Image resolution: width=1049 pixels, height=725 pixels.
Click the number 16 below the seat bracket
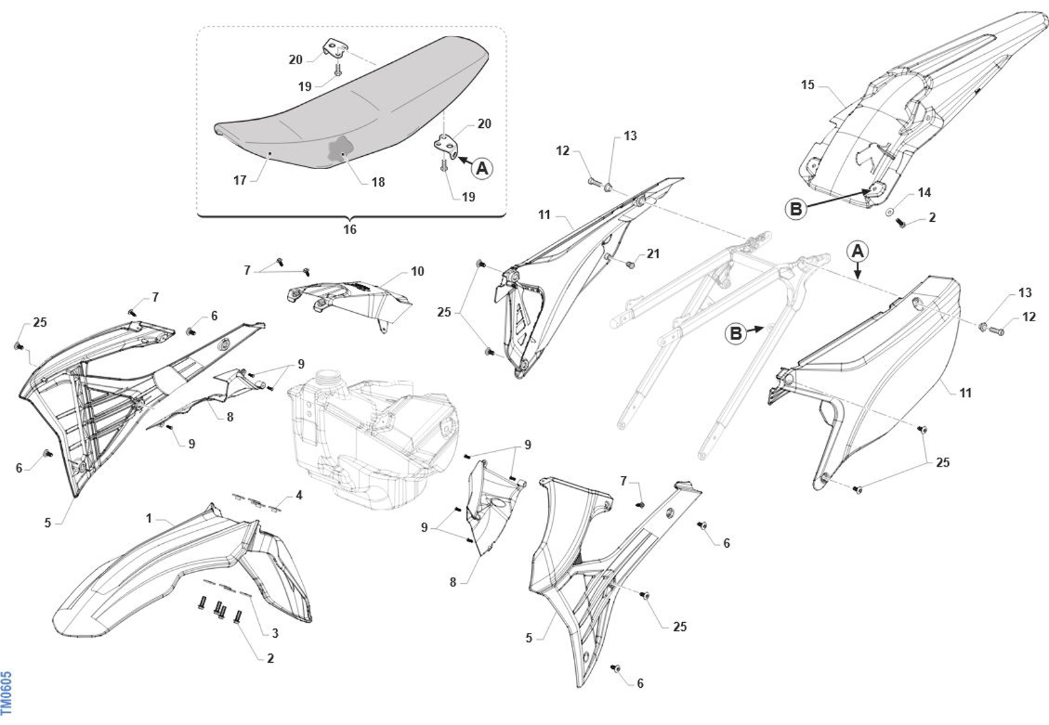[x=349, y=229]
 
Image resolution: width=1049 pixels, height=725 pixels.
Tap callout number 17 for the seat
[x=240, y=181]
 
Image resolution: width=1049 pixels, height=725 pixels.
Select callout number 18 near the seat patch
[x=378, y=182]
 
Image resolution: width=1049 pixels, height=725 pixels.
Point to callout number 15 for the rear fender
[x=807, y=85]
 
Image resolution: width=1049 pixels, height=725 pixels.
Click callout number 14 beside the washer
[x=924, y=193]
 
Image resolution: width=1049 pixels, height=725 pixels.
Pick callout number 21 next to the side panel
[x=652, y=254]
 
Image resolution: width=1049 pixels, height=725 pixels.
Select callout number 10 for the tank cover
[x=418, y=271]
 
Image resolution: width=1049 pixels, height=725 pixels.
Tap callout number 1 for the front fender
[x=149, y=518]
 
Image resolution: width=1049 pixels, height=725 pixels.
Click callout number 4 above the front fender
[x=298, y=495]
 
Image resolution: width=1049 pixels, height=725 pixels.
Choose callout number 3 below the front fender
[x=275, y=633]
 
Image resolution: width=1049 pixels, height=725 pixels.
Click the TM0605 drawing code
[x=7, y=693]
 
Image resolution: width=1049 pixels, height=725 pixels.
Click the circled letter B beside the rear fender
[x=796, y=209]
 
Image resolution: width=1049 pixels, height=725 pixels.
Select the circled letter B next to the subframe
[x=735, y=333]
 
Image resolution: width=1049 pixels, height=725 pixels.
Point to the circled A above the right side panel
[x=857, y=252]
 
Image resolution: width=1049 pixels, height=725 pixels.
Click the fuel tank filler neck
[x=328, y=377]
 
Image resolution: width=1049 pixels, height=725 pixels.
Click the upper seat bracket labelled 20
[x=336, y=49]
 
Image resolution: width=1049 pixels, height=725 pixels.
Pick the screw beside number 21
[x=631, y=264]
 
